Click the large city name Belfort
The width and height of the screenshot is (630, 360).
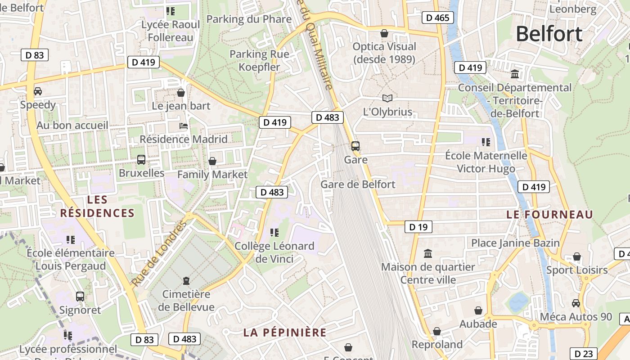pyautogui.click(x=549, y=34)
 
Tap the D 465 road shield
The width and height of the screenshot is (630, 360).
pyautogui.click(x=437, y=18)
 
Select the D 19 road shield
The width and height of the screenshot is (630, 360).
pyautogui.click(x=418, y=227)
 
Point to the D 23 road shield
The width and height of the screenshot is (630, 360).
pyautogui.click(x=583, y=354)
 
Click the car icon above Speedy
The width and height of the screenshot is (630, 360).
pyautogui.click(x=38, y=91)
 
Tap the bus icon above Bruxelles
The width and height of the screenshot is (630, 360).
pyautogui.click(x=141, y=159)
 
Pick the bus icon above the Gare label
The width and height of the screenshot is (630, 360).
pyautogui.click(x=355, y=146)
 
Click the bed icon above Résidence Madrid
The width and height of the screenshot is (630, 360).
pyautogui.click(x=184, y=126)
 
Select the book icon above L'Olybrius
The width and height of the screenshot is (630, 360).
pyautogui.click(x=387, y=98)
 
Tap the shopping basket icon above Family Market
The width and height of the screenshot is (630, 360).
pyautogui.click(x=212, y=161)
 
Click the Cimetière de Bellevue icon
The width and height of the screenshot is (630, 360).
pyautogui.click(x=186, y=281)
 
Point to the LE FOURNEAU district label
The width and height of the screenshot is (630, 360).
pyautogui.click(x=550, y=215)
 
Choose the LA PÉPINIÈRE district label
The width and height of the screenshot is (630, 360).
pyautogui.click(x=285, y=333)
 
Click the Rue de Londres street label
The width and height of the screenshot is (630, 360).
pyautogui.click(x=159, y=254)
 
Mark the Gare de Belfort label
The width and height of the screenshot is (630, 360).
pyautogui.click(x=358, y=184)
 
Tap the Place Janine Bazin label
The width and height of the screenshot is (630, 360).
pyautogui.click(x=515, y=243)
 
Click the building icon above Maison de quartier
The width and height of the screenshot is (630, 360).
pyautogui.click(x=428, y=254)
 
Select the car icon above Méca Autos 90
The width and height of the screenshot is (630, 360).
pyautogui.click(x=576, y=303)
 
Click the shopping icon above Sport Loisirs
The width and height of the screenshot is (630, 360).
pyautogui.click(x=577, y=257)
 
